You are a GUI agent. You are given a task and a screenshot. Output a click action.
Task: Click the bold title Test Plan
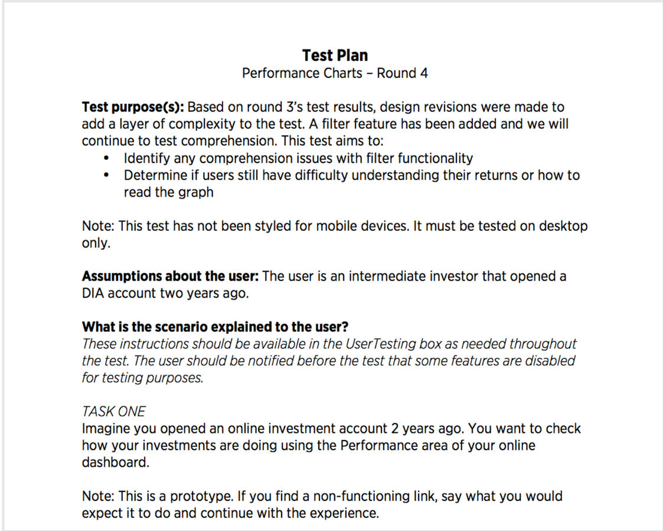pyautogui.click(x=335, y=56)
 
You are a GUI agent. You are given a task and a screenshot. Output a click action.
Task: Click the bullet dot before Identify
pyautogui.click(x=106, y=159)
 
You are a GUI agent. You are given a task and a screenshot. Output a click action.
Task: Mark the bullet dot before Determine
pyautogui.click(x=106, y=175)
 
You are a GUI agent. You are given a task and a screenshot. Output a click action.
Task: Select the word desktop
pyautogui.click(x=561, y=226)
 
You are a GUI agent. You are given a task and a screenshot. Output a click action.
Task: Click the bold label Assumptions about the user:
pyautogui.click(x=170, y=276)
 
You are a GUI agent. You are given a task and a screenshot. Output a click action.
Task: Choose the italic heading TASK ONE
pyautogui.click(x=113, y=412)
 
